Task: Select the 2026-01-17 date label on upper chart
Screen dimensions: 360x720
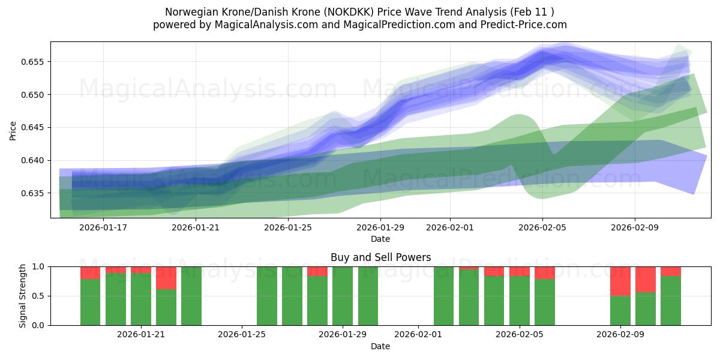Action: click(x=103, y=227)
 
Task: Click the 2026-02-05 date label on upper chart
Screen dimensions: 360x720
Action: click(x=542, y=227)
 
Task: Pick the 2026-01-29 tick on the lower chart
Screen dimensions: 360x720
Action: click(x=343, y=334)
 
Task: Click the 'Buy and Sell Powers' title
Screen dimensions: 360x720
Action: click(x=380, y=257)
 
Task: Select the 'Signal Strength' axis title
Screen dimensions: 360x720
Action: click(x=22, y=296)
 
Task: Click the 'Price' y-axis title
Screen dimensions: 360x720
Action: click(x=13, y=130)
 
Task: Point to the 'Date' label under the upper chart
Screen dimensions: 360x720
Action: click(x=380, y=239)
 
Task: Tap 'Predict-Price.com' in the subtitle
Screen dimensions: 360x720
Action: click(x=525, y=25)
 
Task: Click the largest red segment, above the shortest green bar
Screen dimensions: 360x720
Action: click(x=620, y=281)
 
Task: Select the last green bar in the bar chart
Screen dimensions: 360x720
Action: click(x=670, y=301)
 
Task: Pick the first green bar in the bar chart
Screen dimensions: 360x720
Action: click(x=90, y=302)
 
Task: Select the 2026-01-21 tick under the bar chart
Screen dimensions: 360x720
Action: click(x=141, y=334)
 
